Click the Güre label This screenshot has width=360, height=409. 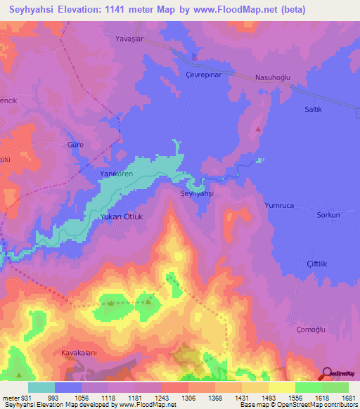(75, 143)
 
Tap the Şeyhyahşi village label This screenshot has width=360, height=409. (196, 193)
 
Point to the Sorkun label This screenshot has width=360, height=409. (328, 215)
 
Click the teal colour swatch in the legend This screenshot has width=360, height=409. (41, 387)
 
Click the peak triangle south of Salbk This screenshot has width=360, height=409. (258, 129)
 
